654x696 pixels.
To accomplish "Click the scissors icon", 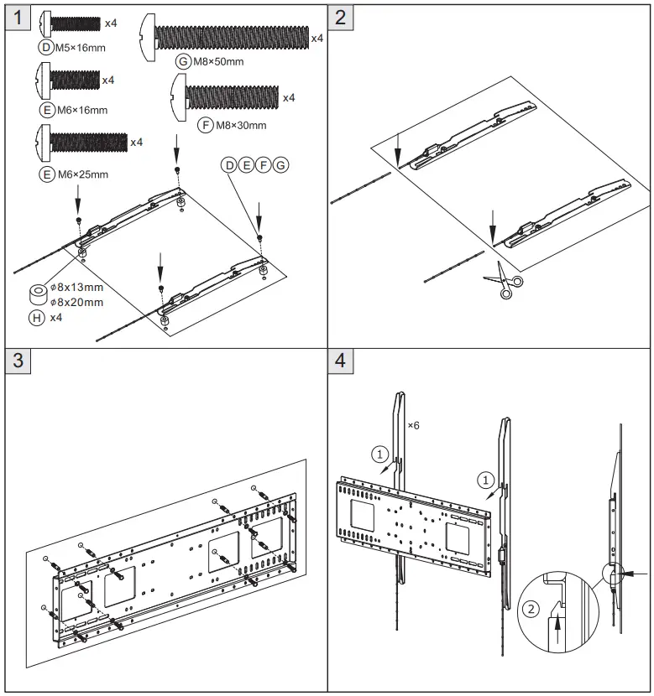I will [x=501, y=278].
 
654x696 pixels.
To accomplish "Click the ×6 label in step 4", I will [x=413, y=426].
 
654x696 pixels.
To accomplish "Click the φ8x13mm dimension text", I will [x=76, y=288].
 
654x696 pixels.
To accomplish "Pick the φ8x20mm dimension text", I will [x=76, y=302].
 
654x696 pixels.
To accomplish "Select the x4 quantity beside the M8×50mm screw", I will [x=317, y=39].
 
